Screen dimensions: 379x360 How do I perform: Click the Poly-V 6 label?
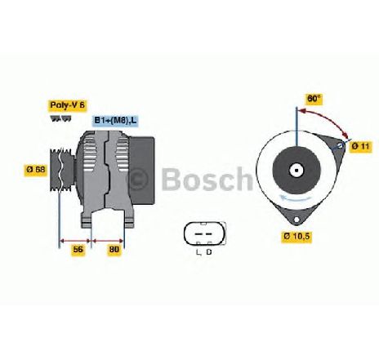pos(68,105)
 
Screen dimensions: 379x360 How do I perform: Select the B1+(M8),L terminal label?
pos(115,120)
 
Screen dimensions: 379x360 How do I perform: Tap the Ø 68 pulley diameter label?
pos(36,169)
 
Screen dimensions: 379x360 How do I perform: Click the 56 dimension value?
pos(78,249)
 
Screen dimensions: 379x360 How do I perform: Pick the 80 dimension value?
pos(114,249)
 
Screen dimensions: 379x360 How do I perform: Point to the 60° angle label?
pos(314,98)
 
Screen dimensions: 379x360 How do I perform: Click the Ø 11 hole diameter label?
pos(360,146)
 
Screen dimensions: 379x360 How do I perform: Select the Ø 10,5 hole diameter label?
pos(297,236)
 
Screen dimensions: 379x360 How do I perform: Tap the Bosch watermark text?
pos(207,179)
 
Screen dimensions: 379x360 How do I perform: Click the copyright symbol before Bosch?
pos(139,179)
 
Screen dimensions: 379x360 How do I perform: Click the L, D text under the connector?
pos(204,252)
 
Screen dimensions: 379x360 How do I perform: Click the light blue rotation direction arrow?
pos(297,198)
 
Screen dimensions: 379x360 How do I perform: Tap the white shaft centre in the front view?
pos(296,171)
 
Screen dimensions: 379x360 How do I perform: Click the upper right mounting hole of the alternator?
pos(341,145)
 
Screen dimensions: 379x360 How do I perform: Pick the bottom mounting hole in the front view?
pos(297,220)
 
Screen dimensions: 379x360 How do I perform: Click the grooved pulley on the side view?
pos(62,169)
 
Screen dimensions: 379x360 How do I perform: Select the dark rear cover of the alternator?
pos(142,171)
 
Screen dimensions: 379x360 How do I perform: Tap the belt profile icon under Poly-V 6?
pos(61,118)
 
